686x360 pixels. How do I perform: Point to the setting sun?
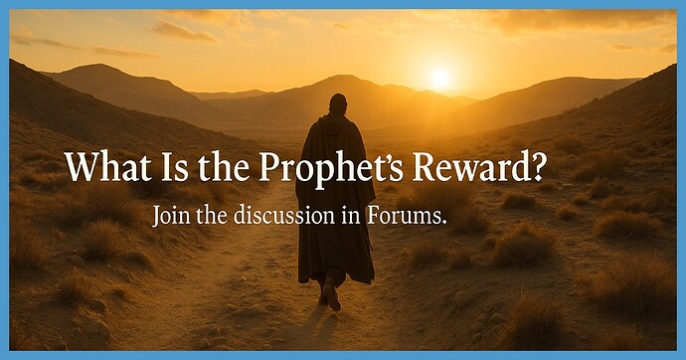(x=439, y=77)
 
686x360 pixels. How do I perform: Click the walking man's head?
(x=338, y=103)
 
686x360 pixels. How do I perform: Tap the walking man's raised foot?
(x=332, y=295)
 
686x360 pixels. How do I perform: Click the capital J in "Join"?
(x=156, y=216)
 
